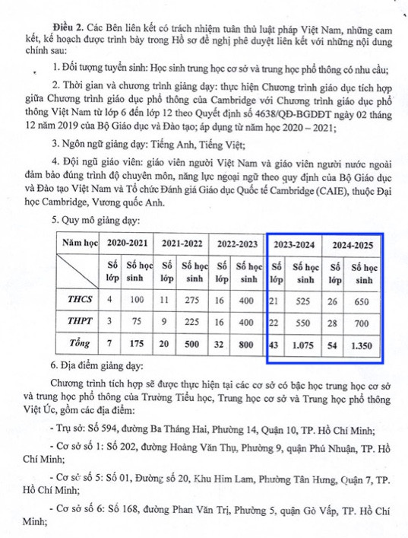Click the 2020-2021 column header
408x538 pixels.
click(128, 245)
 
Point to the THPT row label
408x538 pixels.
click(79, 323)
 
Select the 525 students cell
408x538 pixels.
click(307, 301)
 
